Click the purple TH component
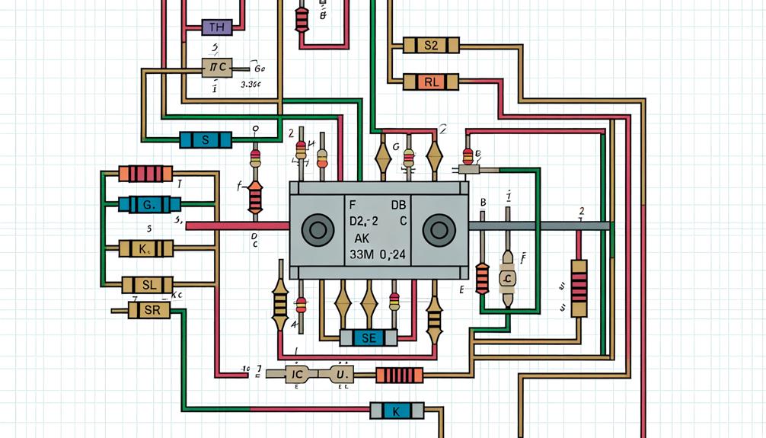[x=215, y=28]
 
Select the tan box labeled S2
[x=430, y=46]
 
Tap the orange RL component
[x=431, y=82]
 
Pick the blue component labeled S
[x=205, y=140]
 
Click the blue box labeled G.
[x=149, y=204]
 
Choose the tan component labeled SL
[x=150, y=285]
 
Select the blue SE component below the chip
[x=369, y=337]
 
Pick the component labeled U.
[x=341, y=375]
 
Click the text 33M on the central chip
[x=363, y=255]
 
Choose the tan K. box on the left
[x=146, y=248]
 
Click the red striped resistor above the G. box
[x=145, y=174]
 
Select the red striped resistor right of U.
[x=399, y=375]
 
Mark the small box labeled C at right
[x=507, y=280]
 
